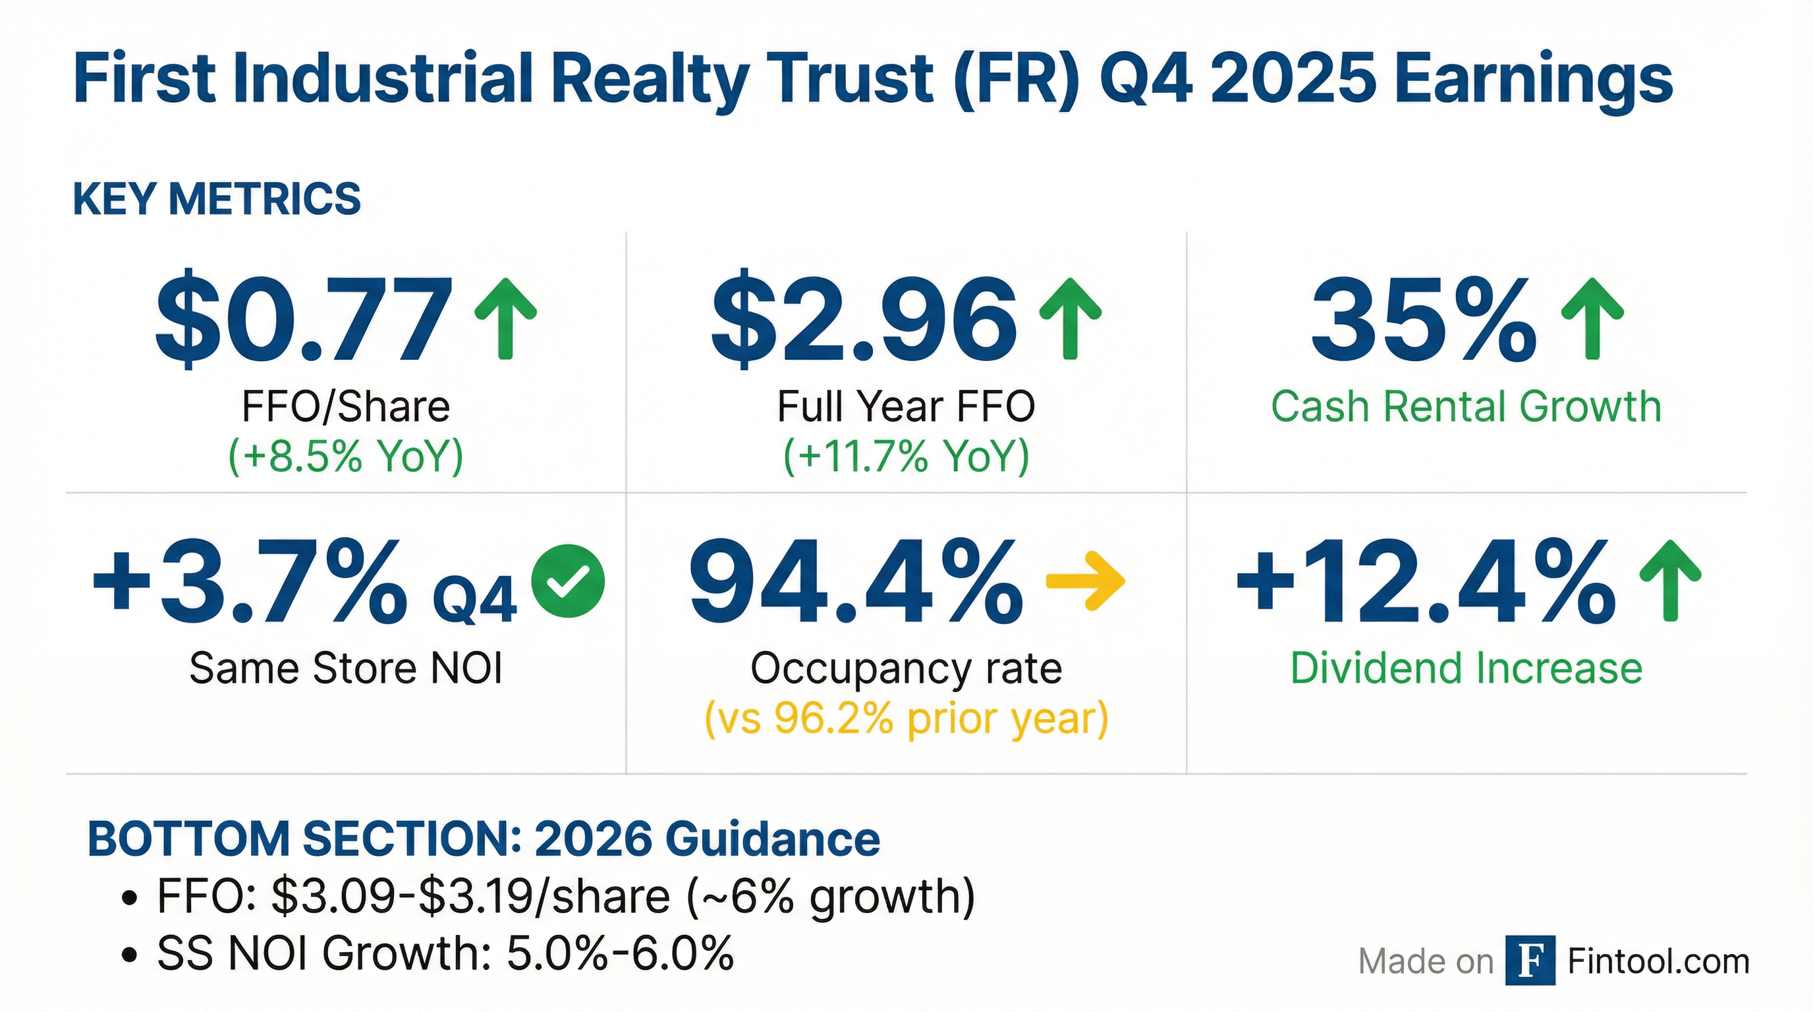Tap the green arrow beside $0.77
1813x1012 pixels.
[x=505, y=319]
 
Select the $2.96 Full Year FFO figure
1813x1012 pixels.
[x=864, y=321]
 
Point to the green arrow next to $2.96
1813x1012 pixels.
[x=1070, y=319]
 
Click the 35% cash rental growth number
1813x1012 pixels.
[x=1423, y=321]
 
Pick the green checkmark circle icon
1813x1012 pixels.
[x=568, y=581]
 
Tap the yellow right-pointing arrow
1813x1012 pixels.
[x=1085, y=581]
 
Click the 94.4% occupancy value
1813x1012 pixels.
[x=856, y=581]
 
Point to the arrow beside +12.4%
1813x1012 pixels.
[x=1670, y=581]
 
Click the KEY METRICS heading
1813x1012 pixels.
[x=217, y=199]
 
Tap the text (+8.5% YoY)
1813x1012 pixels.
[x=346, y=456]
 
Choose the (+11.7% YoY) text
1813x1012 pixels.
[x=906, y=456]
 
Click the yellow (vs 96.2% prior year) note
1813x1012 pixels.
[x=906, y=719]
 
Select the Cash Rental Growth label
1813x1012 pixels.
[x=1466, y=407]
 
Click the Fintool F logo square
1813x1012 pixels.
[x=1530, y=961]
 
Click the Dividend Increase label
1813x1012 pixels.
[x=1466, y=669]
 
